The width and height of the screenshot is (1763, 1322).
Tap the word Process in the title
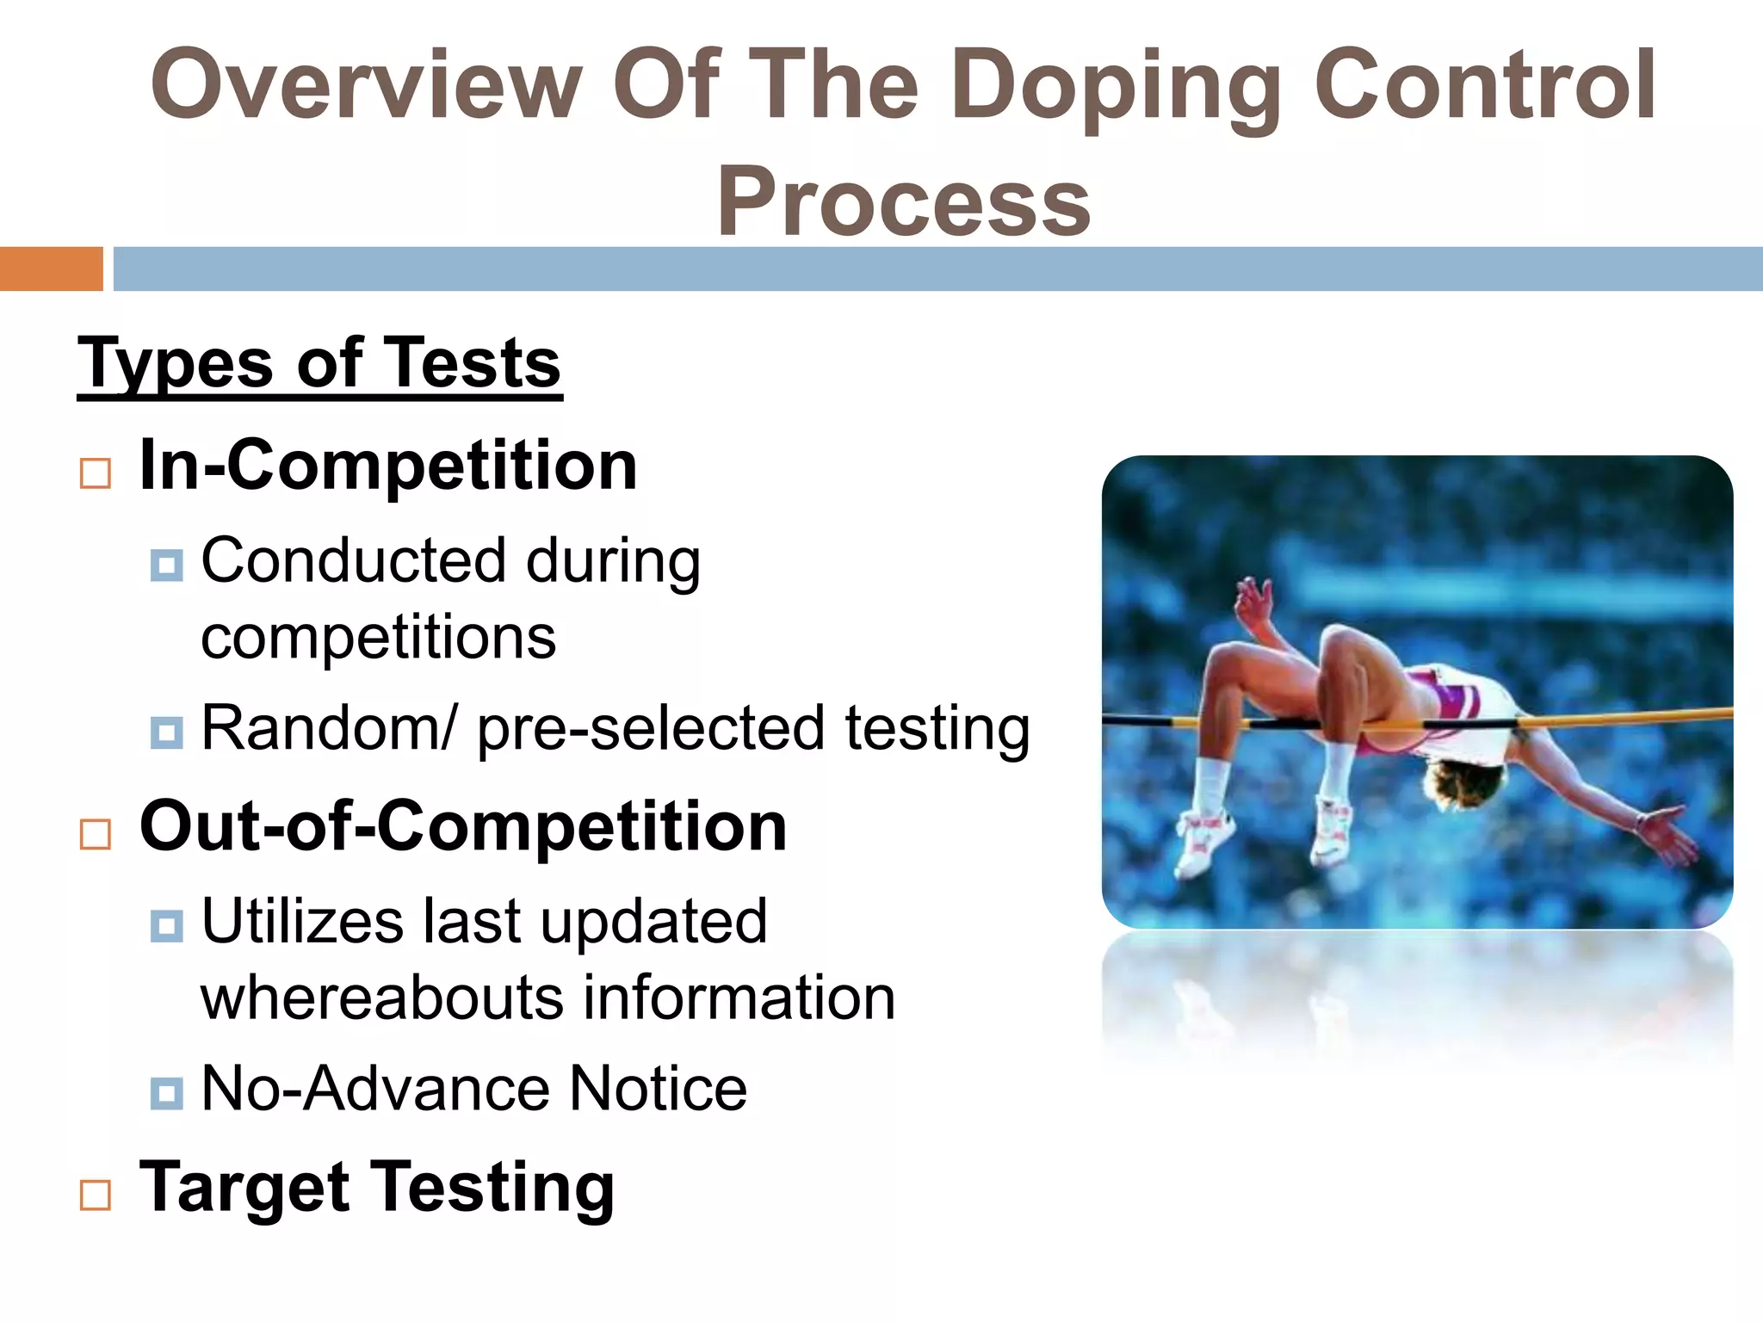click(x=904, y=201)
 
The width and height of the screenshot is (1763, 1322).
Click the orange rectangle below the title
click(x=51, y=269)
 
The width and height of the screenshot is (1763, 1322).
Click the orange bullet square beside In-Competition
click(x=96, y=473)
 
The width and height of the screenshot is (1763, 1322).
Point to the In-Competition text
click(x=388, y=466)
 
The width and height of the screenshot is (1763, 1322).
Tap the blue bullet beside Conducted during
click(x=166, y=565)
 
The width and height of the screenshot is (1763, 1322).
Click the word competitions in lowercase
click(x=378, y=638)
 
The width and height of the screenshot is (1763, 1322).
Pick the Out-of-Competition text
click(x=463, y=826)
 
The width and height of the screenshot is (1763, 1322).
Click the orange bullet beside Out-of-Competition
click(x=96, y=834)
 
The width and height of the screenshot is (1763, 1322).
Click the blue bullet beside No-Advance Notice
click(x=166, y=1093)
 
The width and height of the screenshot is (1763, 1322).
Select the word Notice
click(x=659, y=1089)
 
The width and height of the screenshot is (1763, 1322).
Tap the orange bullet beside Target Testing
click(x=96, y=1195)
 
